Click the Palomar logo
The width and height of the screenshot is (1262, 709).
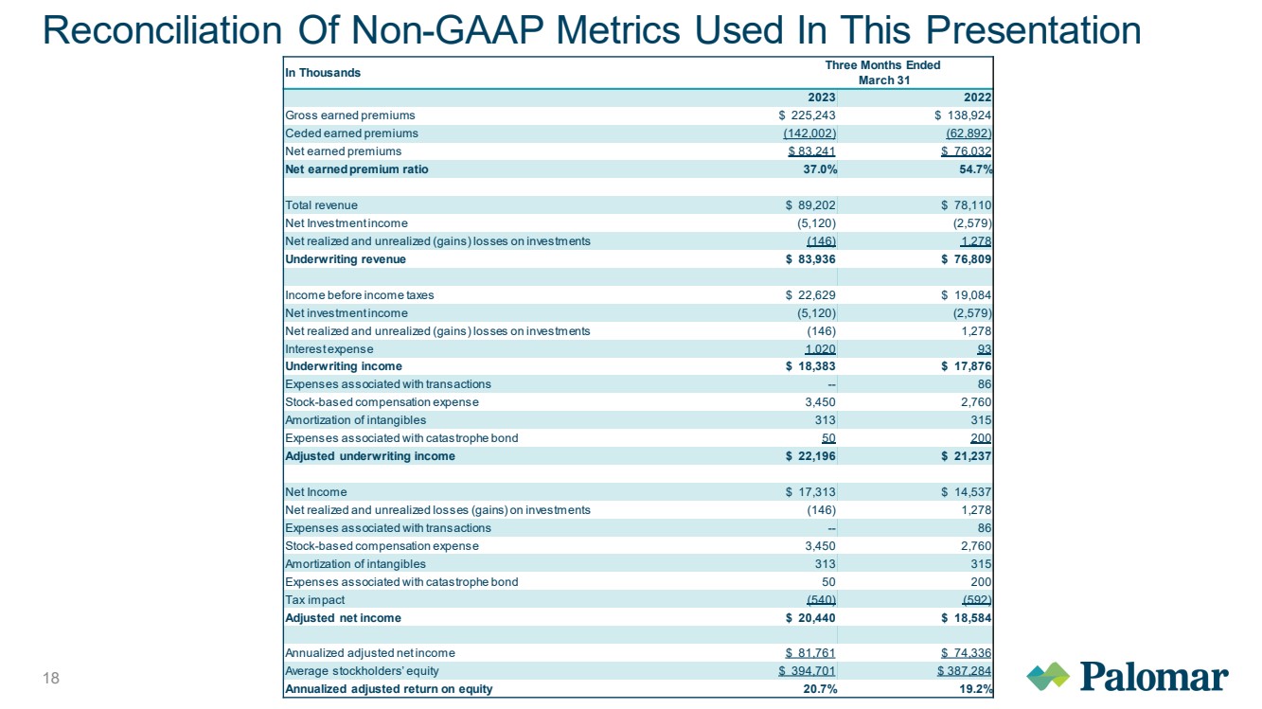click(1128, 676)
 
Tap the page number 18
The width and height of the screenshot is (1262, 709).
click(51, 678)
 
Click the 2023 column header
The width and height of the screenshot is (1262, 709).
click(822, 97)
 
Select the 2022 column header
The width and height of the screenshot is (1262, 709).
click(977, 97)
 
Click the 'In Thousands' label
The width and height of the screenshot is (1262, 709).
click(322, 73)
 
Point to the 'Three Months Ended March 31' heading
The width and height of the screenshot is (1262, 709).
click(883, 73)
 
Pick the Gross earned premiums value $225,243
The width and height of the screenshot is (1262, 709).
click(807, 115)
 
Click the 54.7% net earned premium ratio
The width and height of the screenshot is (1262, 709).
click(976, 169)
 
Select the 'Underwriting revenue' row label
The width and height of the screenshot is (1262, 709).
click(346, 259)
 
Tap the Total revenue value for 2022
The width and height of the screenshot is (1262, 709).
click(966, 205)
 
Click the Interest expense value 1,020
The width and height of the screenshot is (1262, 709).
click(820, 349)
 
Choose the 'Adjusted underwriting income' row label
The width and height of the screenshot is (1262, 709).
click(369, 456)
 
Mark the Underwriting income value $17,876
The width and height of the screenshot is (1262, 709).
click(966, 366)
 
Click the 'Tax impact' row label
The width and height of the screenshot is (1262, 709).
click(314, 600)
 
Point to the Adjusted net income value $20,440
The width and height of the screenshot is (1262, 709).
click(810, 618)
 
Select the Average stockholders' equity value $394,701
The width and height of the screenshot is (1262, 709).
click(807, 671)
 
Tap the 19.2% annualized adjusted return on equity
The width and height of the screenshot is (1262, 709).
click(976, 689)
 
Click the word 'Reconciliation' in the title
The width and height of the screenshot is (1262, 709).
click(162, 30)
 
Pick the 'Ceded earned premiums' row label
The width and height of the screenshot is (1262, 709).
click(351, 133)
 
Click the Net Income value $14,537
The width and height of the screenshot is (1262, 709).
click(966, 492)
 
